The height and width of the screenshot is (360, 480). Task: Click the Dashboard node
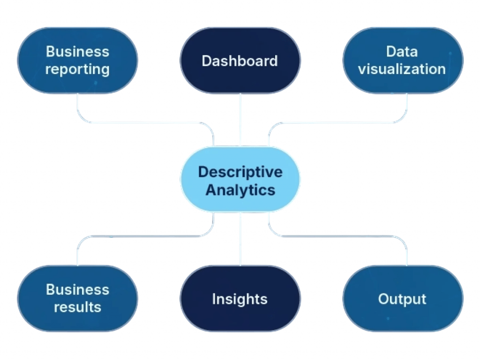pos(240,60)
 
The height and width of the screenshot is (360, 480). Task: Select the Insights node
pos(240,299)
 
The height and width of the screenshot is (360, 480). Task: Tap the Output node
pos(403,299)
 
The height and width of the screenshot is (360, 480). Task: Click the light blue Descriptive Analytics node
pos(240,180)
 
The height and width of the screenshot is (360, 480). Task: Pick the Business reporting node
pos(77,60)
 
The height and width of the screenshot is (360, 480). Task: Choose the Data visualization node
pos(403,60)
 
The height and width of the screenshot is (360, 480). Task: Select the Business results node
pos(77,299)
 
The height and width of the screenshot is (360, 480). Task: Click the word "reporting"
pos(77,70)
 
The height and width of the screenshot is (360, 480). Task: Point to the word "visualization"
pos(402,69)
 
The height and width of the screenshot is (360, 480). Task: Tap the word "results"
pos(77,307)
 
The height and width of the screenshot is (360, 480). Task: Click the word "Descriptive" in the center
pos(240,172)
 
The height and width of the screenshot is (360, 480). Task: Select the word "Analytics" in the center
pos(240,190)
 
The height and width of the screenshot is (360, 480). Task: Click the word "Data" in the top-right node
pos(402,52)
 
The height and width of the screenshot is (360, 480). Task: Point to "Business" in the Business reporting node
pos(77,52)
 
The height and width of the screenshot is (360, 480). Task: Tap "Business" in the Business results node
pos(77,290)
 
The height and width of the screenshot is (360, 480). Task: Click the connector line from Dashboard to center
pos(240,120)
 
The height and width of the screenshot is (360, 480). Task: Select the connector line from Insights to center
pos(240,239)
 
